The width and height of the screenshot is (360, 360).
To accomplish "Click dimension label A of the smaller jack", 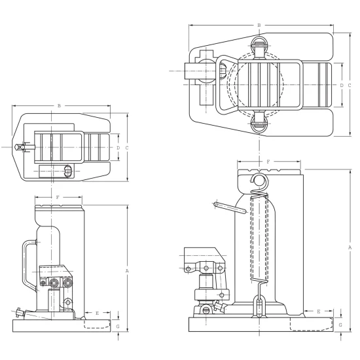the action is [127, 271].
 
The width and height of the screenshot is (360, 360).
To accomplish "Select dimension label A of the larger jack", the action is [350, 247].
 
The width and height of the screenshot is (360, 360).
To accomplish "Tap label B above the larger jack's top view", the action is [259, 26].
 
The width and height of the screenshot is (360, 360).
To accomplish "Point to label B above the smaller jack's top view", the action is [59, 106].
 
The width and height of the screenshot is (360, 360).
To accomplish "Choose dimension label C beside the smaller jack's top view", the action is [127, 148].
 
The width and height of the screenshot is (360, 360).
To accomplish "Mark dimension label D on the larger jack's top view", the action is [342, 85].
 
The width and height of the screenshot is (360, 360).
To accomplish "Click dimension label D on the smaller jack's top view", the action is [118, 148].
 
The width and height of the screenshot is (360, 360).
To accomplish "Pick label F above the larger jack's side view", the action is [268, 162].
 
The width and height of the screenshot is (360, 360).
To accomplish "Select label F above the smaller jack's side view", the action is [58, 197].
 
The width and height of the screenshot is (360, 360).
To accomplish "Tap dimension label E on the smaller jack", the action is [97, 313].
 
